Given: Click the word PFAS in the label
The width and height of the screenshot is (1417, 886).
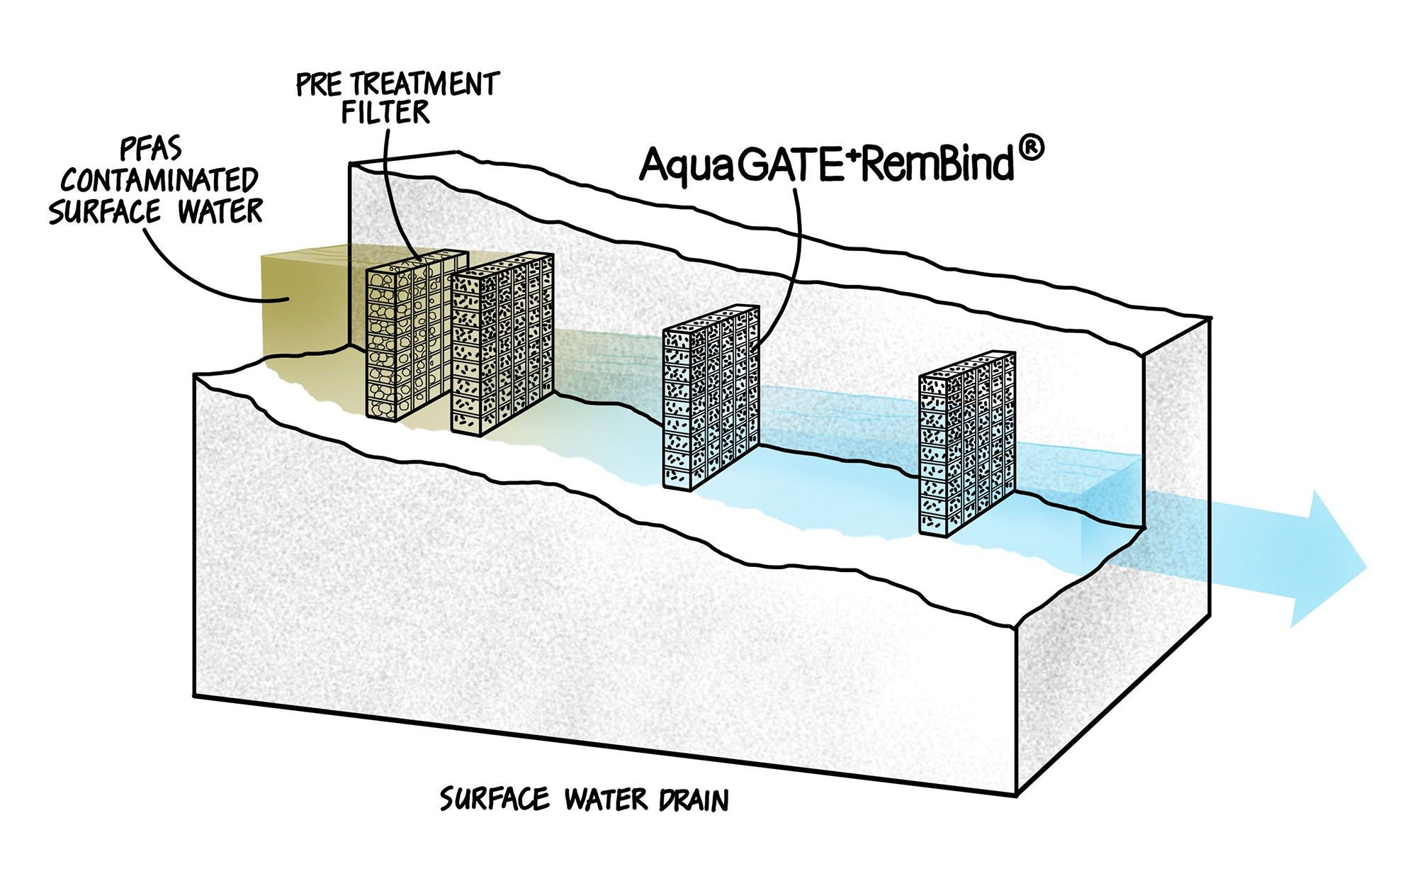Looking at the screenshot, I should (x=152, y=150).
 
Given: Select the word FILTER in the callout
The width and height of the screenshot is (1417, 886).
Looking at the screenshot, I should (x=386, y=112).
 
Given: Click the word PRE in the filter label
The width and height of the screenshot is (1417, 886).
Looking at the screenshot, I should (x=314, y=85).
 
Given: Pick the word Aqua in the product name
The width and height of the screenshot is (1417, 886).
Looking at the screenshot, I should (x=684, y=167).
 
